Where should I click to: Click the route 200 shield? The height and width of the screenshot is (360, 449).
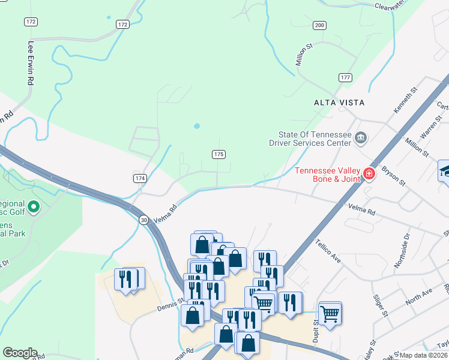pos(319,25)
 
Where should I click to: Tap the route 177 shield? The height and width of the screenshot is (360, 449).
pos(345,77)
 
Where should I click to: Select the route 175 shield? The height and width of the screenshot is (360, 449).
pos(218,154)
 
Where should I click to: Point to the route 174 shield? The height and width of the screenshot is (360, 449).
pos(140,178)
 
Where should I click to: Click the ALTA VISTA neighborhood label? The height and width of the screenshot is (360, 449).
pos(339,103)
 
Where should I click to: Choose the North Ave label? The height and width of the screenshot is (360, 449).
pos(418,295)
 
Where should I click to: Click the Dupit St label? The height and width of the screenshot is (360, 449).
pos(315,331)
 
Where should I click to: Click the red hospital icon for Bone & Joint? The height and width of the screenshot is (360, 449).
pos(369,175)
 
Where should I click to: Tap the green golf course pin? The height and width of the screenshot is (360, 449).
pos(34,208)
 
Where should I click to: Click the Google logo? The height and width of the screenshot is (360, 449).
pos(20,353)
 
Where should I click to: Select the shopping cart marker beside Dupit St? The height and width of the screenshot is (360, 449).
pos(330,313)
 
